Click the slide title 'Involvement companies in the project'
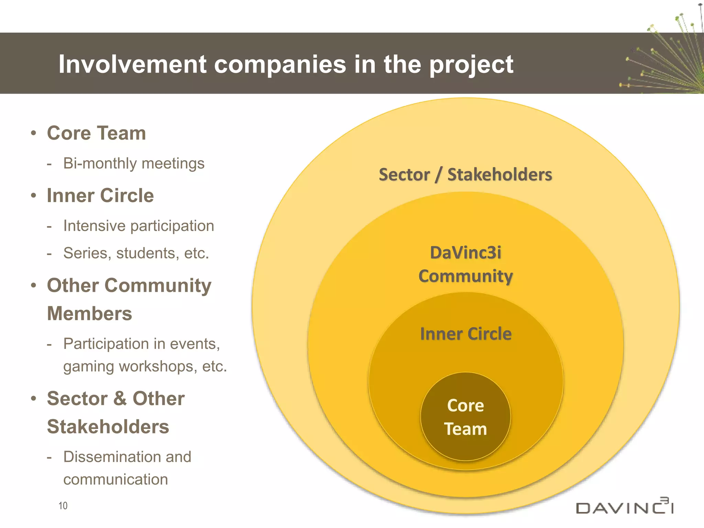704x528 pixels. (286, 64)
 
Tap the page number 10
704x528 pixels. (63, 506)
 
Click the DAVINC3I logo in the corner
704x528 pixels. (625, 506)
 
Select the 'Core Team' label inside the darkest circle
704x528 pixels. (465, 417)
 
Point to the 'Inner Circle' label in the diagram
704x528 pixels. (466, 334)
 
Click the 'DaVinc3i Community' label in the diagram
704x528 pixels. (466, 264)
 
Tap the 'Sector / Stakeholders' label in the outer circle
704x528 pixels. (465, 175)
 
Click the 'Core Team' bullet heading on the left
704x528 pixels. (96, 133)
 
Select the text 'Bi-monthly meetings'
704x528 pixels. (134, 163)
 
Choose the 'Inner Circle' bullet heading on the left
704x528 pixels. (100, 196)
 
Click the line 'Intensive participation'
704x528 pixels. (139, 226)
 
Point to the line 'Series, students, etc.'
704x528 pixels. (136, 253)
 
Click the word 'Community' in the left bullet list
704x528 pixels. (158, 286)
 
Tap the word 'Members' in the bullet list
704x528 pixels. (89, 313)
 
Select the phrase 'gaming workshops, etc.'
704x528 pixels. (145, 366)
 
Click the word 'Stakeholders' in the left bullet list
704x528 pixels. (108, 427)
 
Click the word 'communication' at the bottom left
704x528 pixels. (115, 480)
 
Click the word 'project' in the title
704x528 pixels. (471, 65)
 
